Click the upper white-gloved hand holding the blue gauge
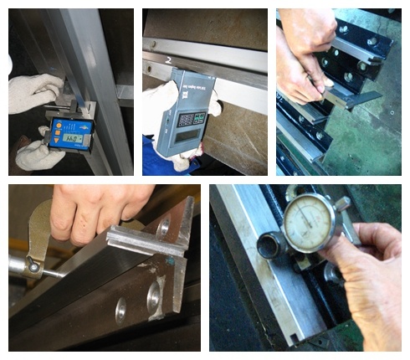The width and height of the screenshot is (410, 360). click(x=33, y=94)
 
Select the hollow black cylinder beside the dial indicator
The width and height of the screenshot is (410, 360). click(x=270, y=245)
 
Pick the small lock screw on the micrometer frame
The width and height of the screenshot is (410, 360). click(x=33, y=266)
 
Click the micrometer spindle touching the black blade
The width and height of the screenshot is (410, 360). click(x=59, y=273)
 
